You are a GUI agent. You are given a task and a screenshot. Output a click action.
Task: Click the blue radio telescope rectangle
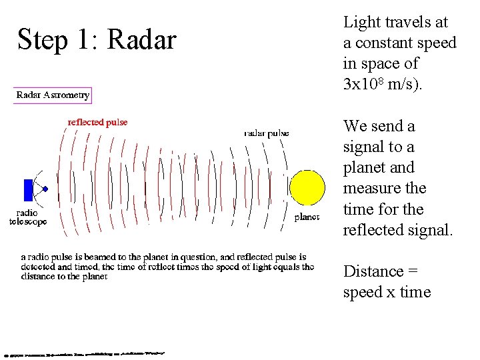pos(28,190)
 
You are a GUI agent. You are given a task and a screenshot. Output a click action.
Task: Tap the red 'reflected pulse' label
pos(97,122)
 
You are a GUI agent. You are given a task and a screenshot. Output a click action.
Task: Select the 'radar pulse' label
pos(267,133)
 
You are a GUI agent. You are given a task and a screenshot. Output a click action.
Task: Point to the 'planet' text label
pos(307,217)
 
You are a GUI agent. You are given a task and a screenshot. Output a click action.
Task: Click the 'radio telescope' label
pos(28,217)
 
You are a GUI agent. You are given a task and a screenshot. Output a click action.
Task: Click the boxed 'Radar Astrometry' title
pos(53,95)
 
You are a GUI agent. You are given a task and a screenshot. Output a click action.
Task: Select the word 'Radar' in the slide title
pos(141,41)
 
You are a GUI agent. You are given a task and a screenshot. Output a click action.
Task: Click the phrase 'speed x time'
pos(387,292)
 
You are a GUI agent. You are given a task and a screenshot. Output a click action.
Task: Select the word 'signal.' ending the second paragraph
pos(429,230)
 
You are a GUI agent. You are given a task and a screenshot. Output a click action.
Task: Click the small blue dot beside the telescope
pos(45,189)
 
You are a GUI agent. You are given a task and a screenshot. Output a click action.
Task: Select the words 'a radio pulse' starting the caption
pos(48,257)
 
